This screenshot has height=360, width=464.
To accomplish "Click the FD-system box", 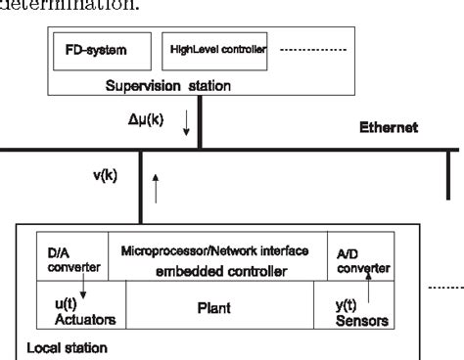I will [92, 49].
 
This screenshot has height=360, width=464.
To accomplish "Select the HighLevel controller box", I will [212, 49].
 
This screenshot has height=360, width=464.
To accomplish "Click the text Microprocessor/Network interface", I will [214, 251].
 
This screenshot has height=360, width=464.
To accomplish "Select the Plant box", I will [213, 307].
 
